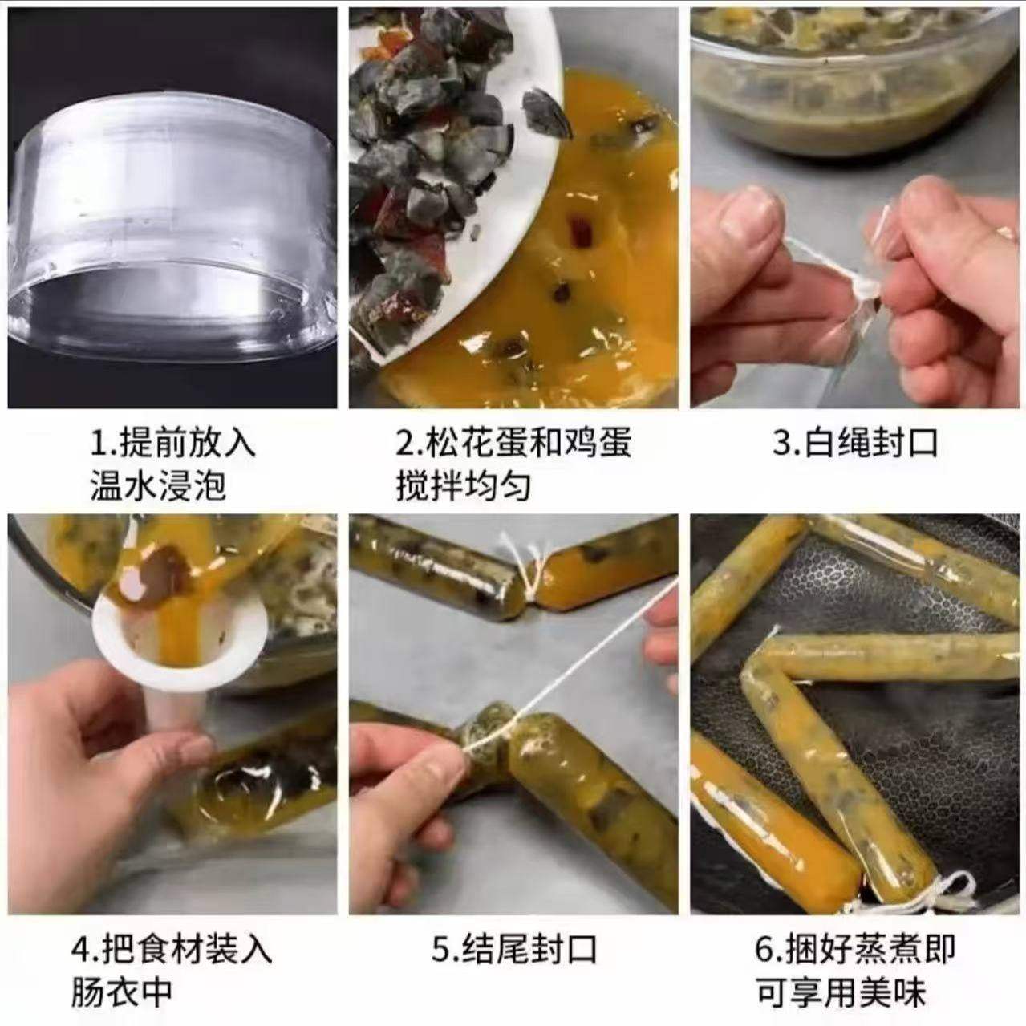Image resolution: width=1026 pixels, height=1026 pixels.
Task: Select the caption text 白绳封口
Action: pyautogui.click(x=871, y=443)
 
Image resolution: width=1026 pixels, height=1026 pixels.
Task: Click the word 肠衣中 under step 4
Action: pyautogui.click(x=121, y=992)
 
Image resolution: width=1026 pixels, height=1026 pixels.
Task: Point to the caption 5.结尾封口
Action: pyautogui.click(x=514, y=950)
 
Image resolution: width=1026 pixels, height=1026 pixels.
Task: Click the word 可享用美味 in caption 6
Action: pyautogui.click(x=841, y=992)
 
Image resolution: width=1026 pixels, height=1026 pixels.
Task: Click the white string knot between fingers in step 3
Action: pyautogui.click(x=860, y=294)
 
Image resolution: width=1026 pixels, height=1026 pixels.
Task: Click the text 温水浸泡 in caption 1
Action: pyautogui.click(x=157, y=486)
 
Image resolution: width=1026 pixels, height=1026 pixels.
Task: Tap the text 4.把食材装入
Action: pyautogui.click(x=172, y=950)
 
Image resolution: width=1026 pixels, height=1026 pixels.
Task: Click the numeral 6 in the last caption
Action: pyautogui.click(x=764, y=950)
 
